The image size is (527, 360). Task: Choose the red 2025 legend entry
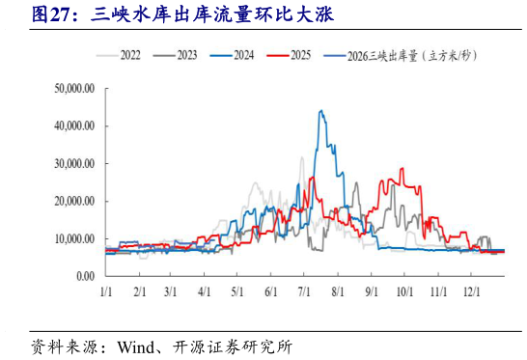click(x=300, y=56)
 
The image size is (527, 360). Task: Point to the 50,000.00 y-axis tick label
click(x=73, y=88)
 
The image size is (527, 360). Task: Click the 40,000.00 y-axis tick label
click(x=73, y=125)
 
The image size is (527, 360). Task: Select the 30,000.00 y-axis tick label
click(x=73, y=163)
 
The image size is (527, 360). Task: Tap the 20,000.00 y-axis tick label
click(x=73, y=201)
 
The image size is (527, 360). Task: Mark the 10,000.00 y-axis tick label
click(x=73, y=238)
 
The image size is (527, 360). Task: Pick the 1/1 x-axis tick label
click(x=106, y=291)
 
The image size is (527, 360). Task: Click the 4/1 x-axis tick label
click(x=205, y=291)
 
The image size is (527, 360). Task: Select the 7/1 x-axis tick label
click(x=304, y=291)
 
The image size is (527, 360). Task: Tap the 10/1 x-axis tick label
click(x=404, y=291)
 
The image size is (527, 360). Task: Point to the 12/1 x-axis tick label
click(x=472, y=291)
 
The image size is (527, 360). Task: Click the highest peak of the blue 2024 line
click(x=320, y=112)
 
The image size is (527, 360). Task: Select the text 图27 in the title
click(x=51, y=14)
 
